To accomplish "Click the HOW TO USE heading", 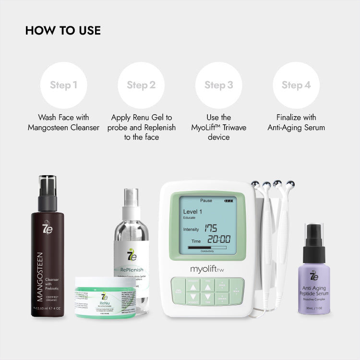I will pyautogui.click(x=63, y=30).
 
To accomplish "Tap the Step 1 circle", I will pyautogui.click(x=64, y=85).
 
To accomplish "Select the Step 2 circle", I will pyautogui.click(x=141, y=85).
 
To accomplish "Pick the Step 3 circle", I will pyautogui.click(x=219, y=85).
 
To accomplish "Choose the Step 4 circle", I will pyautogui.click(x=296, y=85).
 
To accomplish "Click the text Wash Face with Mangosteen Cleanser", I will pyautogui.click(x=64, y=122).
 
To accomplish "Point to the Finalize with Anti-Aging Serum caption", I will pyautogui.click(x=296, y=122).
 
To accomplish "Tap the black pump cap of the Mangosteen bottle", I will pyautogui.click(x=48, y=192).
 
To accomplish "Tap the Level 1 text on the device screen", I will pyautogui.click(x=192, y=211).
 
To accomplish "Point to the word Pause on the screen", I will pyautogui.click(x=206, y=200).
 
